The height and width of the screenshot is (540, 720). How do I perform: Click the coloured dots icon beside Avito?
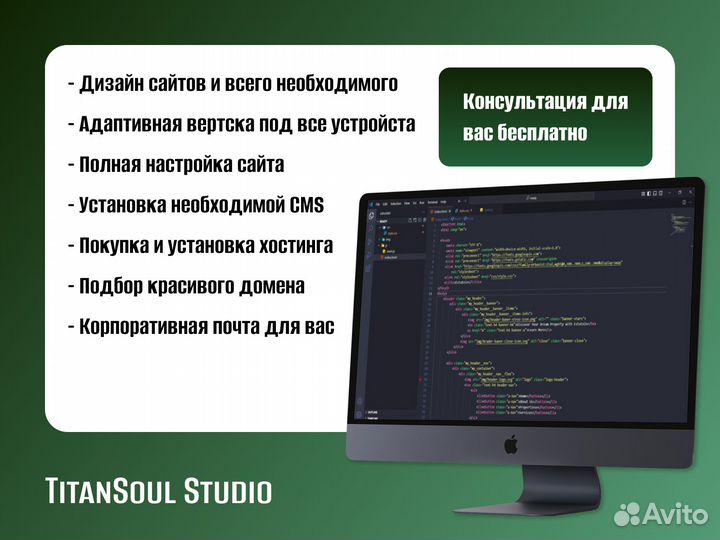click(x=627, y=514)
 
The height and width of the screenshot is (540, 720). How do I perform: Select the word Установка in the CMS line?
click(x=130, y=205)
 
